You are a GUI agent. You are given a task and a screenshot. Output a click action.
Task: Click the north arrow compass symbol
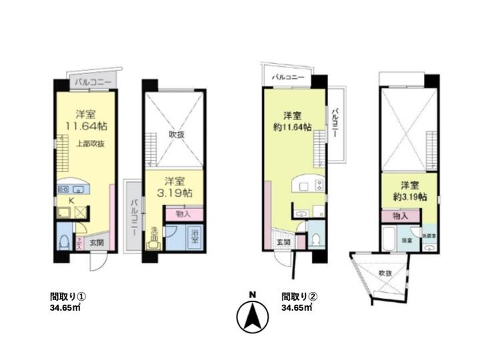pyautogui.click(x=252, y=317)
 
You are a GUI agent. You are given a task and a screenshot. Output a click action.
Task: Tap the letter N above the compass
pyautogui.click(x=252, y=294)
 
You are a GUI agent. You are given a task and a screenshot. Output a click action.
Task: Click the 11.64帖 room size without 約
pyautogui.click(x=84, y=125)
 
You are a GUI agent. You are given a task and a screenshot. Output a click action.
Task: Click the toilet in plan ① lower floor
pyautogui.click(x=63, y=241)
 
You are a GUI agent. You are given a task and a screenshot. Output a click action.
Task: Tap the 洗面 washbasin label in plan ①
pyautogui.click(x=154, y=234)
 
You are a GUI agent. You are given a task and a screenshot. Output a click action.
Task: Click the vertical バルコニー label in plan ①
pyautogui.click(x=134, y=215)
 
